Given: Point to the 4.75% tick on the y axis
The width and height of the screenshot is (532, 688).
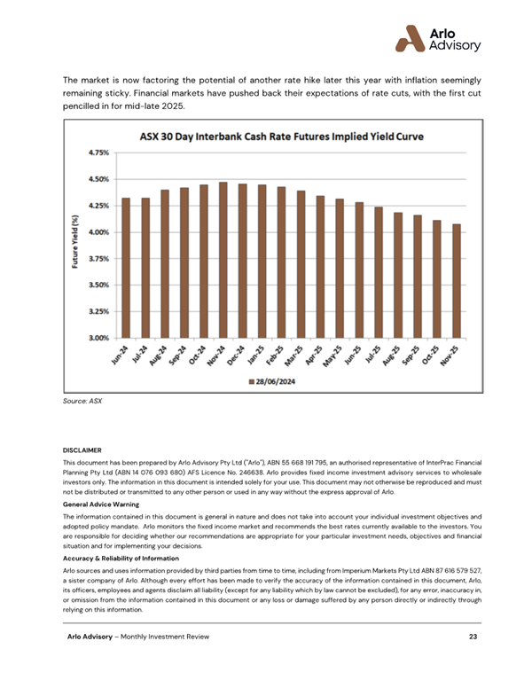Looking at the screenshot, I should [x=98, y=152].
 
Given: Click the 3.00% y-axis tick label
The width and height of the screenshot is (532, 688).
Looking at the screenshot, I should [x=98, y=338].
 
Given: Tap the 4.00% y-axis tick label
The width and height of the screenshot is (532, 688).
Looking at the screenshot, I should [x=98, y=232].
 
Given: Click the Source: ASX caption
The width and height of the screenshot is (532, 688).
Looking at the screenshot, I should [x=82, y=402].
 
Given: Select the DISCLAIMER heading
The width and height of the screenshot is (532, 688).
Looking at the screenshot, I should [x=83, y=450].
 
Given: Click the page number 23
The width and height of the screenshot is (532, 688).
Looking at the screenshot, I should [x=474, y=662].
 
